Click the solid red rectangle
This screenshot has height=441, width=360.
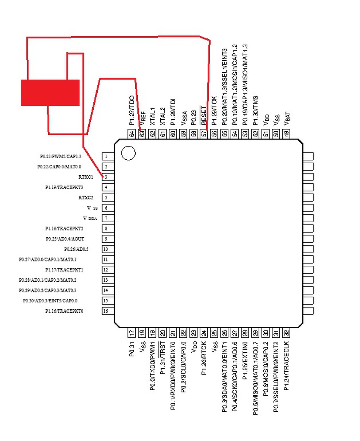(50, 92)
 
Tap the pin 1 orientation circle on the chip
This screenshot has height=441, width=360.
(128, 153)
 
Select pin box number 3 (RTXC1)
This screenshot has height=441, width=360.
(106, 177)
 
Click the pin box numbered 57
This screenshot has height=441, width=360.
(204, 134)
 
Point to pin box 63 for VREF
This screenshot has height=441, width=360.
(142, 134)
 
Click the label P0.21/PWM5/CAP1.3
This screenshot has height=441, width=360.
(60, 156)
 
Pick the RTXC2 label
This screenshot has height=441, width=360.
(86, 198)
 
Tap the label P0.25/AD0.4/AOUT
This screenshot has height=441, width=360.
(65, 239)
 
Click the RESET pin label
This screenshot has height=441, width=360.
(204, 115)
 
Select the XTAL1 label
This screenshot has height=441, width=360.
(152, 116)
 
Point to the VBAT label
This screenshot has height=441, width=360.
(287, 117)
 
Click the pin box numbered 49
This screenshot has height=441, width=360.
(287, 134)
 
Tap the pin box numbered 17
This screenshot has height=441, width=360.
(132, 333)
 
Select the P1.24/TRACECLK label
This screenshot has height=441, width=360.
(287, 363)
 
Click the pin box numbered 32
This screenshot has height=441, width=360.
(287, 333)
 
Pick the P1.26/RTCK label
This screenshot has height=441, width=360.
(204, 357)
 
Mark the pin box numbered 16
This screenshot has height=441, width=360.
(106, 311)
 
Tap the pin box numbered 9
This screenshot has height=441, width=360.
(106, 239)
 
